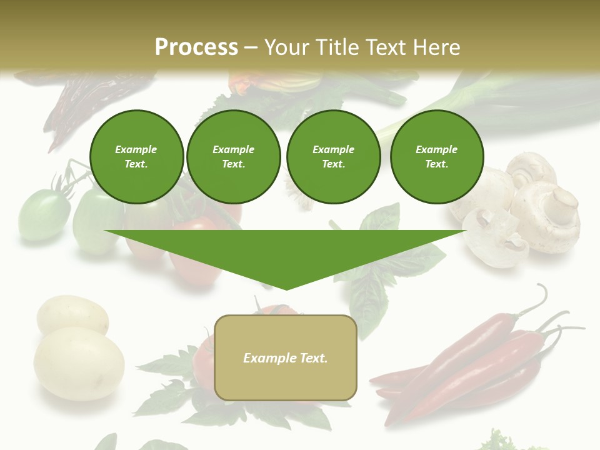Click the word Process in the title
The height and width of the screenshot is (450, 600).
196,47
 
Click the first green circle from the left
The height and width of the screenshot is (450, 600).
136,156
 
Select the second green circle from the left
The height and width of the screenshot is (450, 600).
233,156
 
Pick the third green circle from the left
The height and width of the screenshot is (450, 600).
333,156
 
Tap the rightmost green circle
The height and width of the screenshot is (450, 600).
436,156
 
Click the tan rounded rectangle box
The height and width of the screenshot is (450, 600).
285,357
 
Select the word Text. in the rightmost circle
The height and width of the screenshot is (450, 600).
436,164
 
